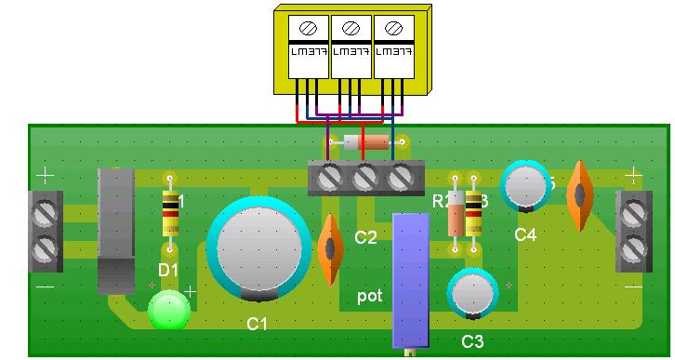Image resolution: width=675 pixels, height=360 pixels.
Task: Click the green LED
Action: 168,311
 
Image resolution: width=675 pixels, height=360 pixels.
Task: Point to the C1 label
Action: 258,325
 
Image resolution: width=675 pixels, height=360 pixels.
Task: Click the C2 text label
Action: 365,238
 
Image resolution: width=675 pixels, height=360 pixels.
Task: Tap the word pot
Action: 370,298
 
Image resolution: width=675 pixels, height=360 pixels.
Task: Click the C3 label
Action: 472,342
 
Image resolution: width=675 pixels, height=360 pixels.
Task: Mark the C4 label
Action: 525,235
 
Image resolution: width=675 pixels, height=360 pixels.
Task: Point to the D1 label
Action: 168,270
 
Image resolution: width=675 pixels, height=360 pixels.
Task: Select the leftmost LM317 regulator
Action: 307,50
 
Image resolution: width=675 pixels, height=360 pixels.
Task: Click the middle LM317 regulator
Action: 351,50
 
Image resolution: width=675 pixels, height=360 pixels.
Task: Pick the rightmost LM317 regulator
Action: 393,50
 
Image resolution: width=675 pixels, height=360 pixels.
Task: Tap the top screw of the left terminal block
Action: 44,216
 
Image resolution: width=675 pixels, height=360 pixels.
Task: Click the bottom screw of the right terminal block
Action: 633,248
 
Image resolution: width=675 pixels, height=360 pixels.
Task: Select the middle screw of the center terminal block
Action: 366,174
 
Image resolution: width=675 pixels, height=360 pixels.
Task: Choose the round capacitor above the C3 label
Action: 471,293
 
